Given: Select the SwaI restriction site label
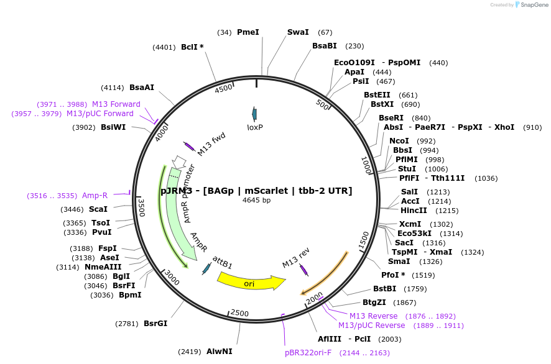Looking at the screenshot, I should [x=298, y=32].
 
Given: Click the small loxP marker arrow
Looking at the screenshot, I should [x=254, y=113].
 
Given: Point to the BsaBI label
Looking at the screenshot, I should [x=324, y=46].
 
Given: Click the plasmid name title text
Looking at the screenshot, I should [x=256, y=191].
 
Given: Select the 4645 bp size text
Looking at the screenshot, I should [x=256, y=200].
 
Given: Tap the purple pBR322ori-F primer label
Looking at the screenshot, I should [x=308, y=353].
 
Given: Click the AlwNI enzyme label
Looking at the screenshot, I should [x=219, y=352].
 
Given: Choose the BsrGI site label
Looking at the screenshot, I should [x=155, y=324].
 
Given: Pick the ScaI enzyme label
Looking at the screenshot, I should [x=98, y=209].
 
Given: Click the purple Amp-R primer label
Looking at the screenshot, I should [x=95, y=196].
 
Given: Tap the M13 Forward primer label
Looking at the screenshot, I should [x=116, y=104].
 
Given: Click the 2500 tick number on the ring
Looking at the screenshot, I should [x=239, y=312].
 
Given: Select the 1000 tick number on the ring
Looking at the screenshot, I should [x=366, y=165].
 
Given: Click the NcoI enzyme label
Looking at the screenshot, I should [x=399, y=141].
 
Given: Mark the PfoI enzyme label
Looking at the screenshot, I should [x=393, y=275].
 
